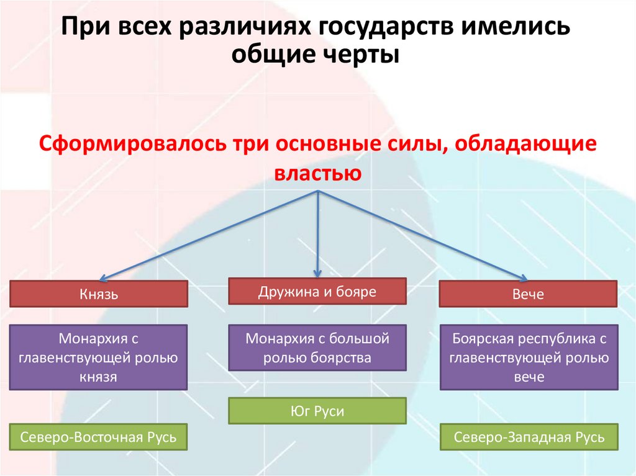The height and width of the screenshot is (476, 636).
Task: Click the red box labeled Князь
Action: [99, 294]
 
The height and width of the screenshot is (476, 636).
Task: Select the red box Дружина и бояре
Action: [317, 291]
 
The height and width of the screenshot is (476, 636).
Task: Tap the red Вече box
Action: [529, 294]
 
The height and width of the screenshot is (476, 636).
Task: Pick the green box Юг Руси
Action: [317, 411]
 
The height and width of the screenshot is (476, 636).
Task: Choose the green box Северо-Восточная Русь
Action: [99, 437]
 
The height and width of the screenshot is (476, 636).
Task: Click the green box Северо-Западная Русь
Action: [529, 437]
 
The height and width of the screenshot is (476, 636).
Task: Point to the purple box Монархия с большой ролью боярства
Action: [317, 348]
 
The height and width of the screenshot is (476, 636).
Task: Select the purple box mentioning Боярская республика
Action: [529, 357]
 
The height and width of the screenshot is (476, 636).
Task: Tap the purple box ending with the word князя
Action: [99, 357]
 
